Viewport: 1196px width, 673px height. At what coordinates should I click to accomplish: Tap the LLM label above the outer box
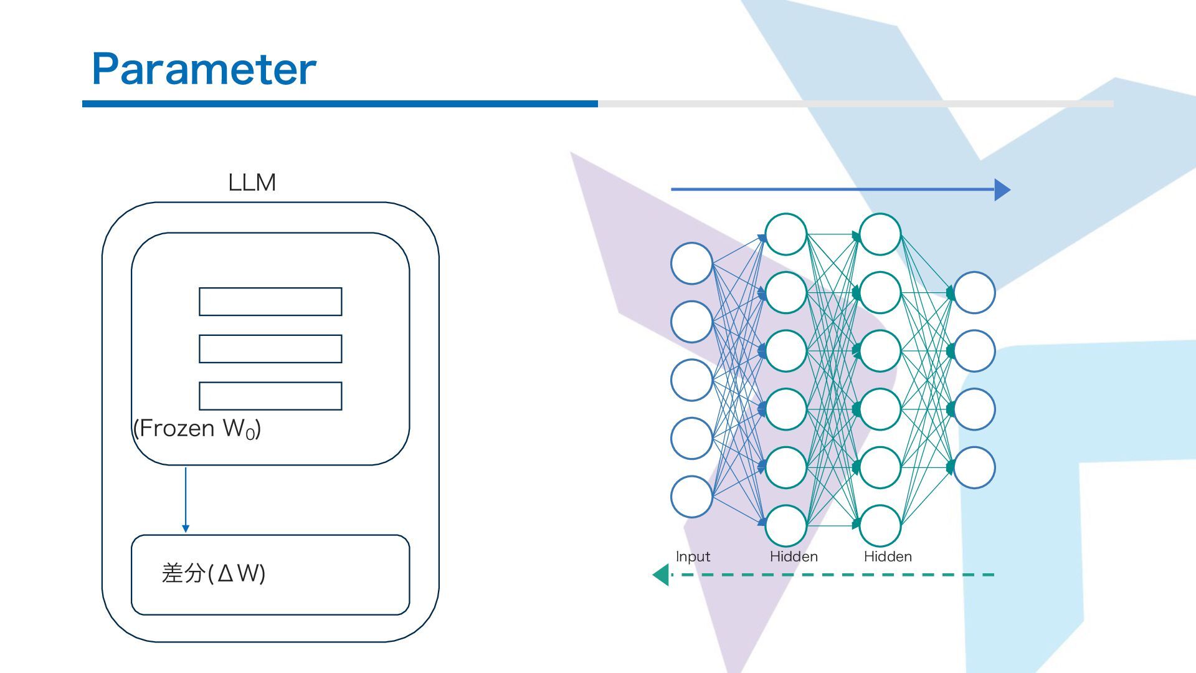point(252,183)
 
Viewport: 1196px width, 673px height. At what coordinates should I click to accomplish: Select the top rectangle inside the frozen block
point(270,302)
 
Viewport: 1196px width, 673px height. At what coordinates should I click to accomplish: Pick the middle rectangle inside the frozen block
point(270,349)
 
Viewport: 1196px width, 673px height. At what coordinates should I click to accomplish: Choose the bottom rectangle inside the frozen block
point(270,396)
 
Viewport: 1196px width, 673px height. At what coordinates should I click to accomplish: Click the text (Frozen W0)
point(197,429)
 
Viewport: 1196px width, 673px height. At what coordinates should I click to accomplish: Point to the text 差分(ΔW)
point(214,573)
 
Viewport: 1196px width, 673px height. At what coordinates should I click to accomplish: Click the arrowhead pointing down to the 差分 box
point(186,528)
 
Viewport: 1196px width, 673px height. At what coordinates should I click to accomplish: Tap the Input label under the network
point(693,556)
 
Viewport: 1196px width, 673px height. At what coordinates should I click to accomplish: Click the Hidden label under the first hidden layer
point(794,556)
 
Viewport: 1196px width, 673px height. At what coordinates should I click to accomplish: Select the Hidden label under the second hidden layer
point(888,556)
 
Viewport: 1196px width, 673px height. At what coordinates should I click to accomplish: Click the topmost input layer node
point(691,264)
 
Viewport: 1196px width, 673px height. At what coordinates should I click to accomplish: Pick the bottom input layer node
point(691,497)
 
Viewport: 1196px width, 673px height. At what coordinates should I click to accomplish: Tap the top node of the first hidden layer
point(786,234)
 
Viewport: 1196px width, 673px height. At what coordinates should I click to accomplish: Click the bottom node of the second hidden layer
point(880,526)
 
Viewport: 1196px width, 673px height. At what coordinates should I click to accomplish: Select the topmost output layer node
point(975,292)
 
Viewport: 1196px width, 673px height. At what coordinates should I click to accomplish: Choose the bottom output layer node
point(975,467)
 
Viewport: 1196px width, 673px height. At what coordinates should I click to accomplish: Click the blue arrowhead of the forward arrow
point(1002,189)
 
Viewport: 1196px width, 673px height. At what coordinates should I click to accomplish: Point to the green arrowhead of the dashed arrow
point(661,575)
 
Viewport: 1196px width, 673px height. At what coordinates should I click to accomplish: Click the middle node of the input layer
point(691,380)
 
